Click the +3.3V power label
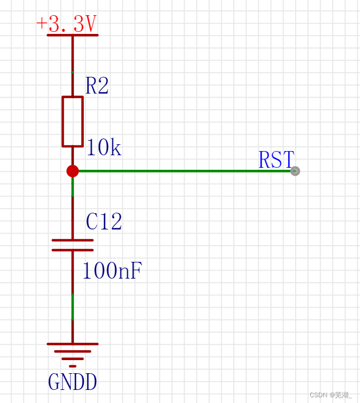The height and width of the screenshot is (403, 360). point(66,24)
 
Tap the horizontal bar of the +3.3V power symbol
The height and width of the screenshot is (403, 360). point(72,35)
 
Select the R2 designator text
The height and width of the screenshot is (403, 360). point(97,86)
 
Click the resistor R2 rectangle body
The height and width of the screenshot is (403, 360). point(73,121)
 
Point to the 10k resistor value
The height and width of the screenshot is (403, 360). point(103,148)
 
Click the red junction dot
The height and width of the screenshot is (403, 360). point(73,171)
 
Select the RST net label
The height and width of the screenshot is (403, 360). point(276,160)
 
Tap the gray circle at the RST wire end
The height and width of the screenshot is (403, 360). point(295,171)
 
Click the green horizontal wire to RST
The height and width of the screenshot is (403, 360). point(183,171)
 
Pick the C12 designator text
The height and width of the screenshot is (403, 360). point(104,222)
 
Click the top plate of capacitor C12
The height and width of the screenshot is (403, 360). point(73,240)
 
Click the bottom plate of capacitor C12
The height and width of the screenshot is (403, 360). point(73,250)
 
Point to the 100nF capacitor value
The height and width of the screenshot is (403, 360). point(112,271)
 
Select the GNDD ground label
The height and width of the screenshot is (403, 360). point(72,383)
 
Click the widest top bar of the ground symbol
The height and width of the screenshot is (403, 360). point(73,344)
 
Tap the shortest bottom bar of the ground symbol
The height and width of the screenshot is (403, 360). point(73,366)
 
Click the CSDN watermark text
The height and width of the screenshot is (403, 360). point(330,395)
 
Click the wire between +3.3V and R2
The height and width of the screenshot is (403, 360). point(73,65)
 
